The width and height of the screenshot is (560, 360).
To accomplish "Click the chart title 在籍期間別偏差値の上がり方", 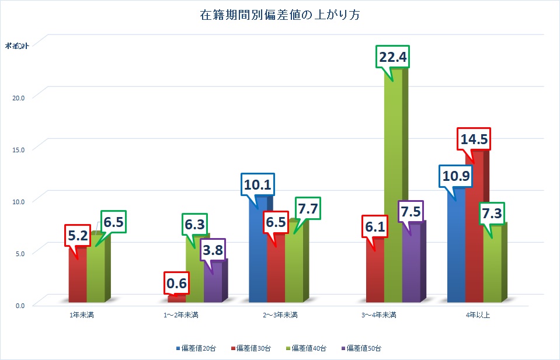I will click(279, 16).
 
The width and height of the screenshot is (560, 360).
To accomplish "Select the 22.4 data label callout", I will click(393, 57).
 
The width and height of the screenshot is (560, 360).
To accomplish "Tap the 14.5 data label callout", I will click(474, 139).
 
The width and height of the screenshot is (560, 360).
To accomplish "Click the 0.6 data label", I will click(176, 284).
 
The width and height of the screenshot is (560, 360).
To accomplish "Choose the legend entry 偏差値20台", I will click(195, 348).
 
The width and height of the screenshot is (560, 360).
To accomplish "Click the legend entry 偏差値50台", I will click(362, 348).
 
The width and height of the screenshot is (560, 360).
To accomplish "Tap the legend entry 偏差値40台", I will click(306, 348).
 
